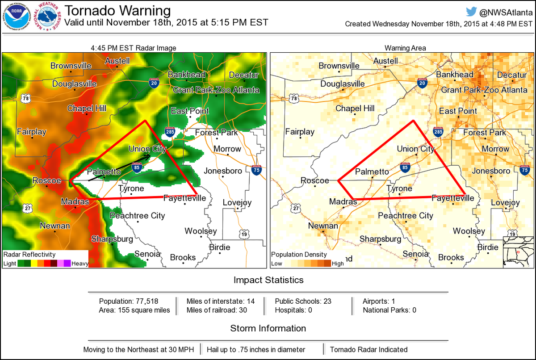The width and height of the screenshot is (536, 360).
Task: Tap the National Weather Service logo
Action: [x=49, y=17]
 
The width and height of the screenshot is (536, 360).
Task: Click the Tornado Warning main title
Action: [x=117, y=11]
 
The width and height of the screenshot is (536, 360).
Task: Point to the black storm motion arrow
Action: [x=120, y=167]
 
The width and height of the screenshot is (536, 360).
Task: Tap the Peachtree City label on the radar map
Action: [x=137, y=216]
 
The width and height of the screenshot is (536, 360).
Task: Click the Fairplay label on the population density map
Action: [x=300, y=132]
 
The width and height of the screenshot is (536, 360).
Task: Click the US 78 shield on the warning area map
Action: [x=293, y=98]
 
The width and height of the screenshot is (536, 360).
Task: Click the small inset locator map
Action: [x=518, y=252]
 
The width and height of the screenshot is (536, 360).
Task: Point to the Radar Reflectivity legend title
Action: [x=29, y=254]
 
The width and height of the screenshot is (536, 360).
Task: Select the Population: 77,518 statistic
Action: [x=129, y=301]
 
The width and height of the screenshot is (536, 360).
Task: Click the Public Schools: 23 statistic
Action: [x=303, y=301]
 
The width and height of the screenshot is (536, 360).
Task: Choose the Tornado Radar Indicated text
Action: [x=368, y=349]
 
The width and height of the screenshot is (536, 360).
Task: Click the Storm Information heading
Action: [x=268, y=328]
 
